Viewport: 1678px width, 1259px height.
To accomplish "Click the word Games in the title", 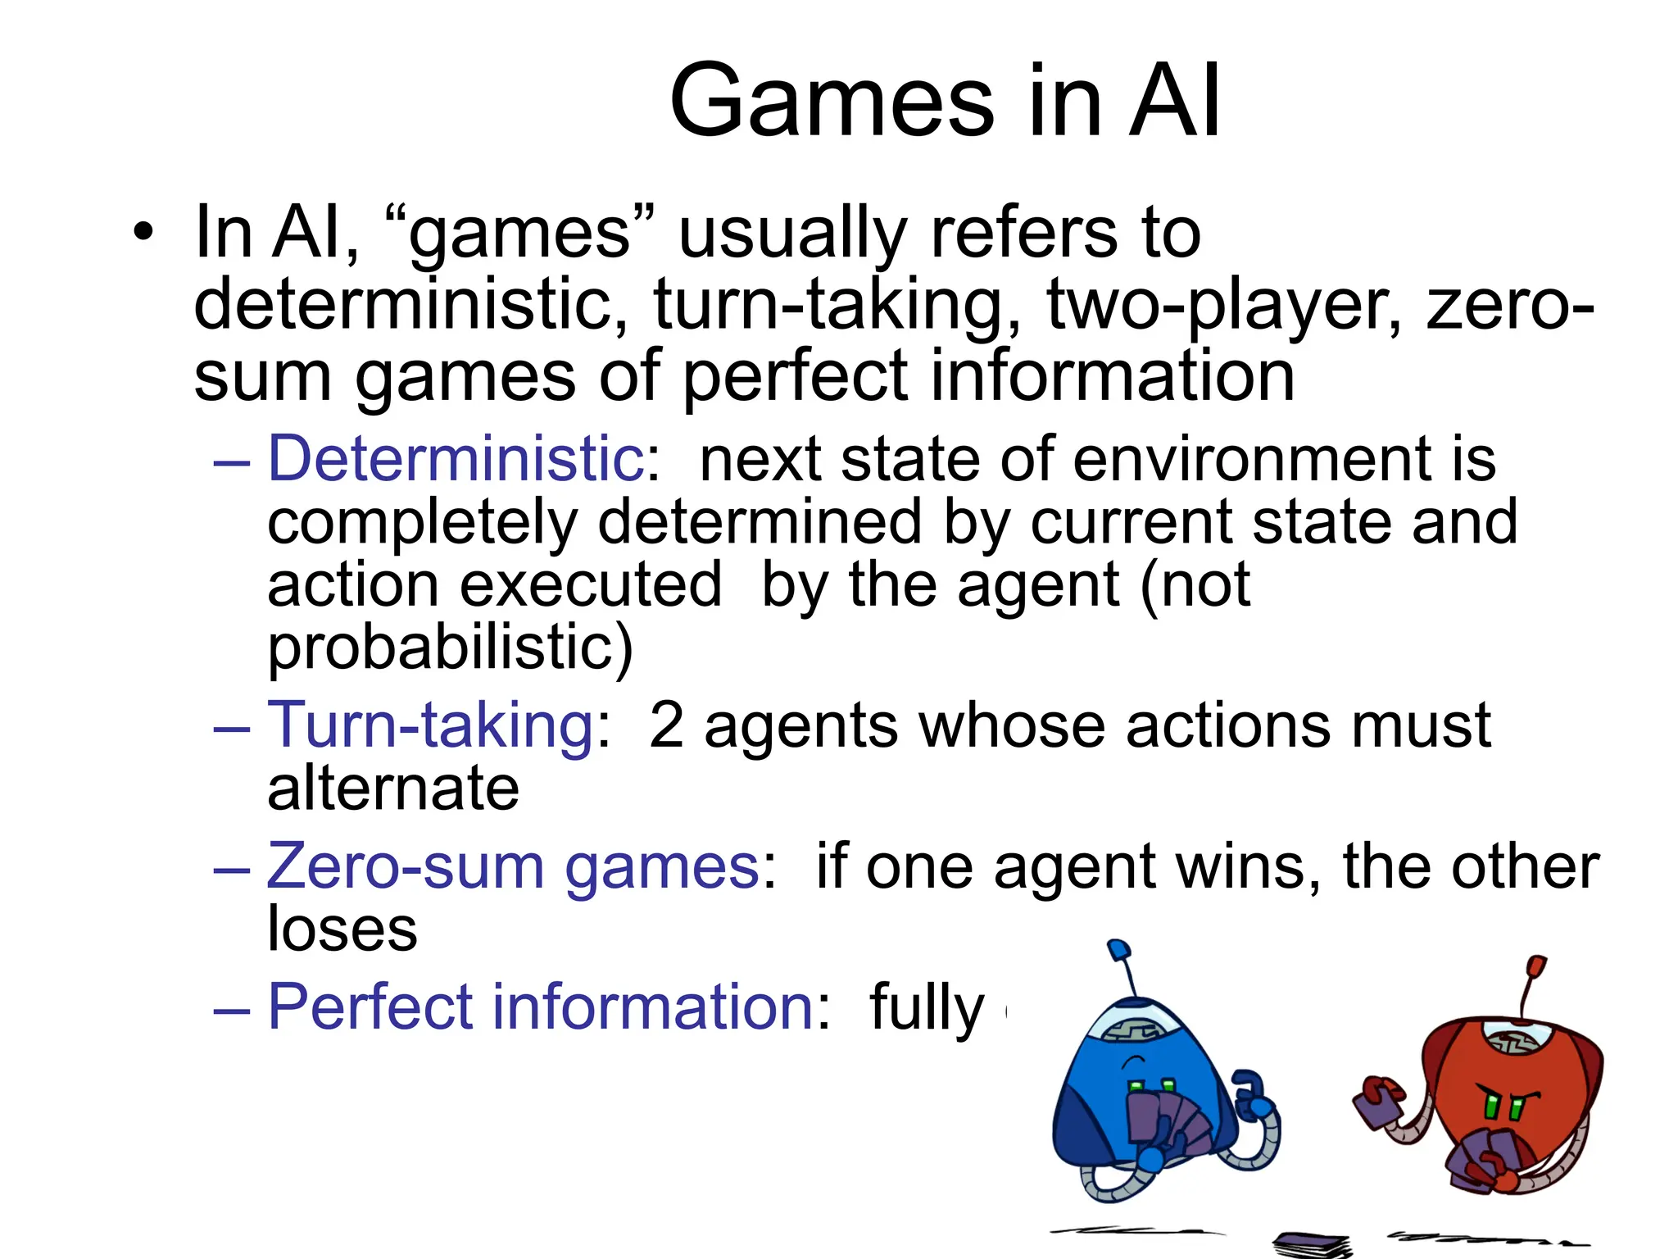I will coord(832,102).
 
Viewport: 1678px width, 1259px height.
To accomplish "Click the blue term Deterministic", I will coord(456,459).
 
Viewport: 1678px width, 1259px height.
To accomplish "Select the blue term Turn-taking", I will coord(431,726).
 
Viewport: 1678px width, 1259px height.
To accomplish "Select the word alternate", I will coord(393,789).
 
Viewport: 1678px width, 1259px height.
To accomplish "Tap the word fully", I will coord(927,1008).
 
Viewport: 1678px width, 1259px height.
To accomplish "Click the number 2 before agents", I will coord(666,726).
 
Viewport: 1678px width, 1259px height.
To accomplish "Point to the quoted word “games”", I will coord(521,234).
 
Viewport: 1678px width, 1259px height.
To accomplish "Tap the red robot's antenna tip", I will coord(1536,965).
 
